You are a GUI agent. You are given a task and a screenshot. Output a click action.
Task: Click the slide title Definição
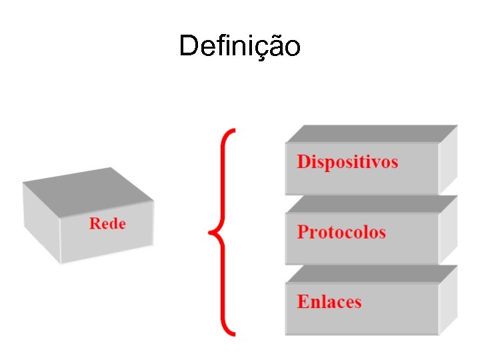(240, 46)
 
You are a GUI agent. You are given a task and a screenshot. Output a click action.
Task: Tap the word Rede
(107, 223)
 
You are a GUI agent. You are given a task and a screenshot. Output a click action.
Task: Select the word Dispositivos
(347, 162)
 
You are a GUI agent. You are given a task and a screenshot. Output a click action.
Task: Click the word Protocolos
(341, 232)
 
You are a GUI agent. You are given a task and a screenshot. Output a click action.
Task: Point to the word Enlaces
(329, 301)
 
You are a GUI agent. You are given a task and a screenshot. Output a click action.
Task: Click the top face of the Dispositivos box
(370, 133)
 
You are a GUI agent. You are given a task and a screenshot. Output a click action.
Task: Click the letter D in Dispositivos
(303, 162)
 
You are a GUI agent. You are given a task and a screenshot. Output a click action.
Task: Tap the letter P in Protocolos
(303, 232)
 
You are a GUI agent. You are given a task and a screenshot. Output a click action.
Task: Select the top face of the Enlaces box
(370, 273)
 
